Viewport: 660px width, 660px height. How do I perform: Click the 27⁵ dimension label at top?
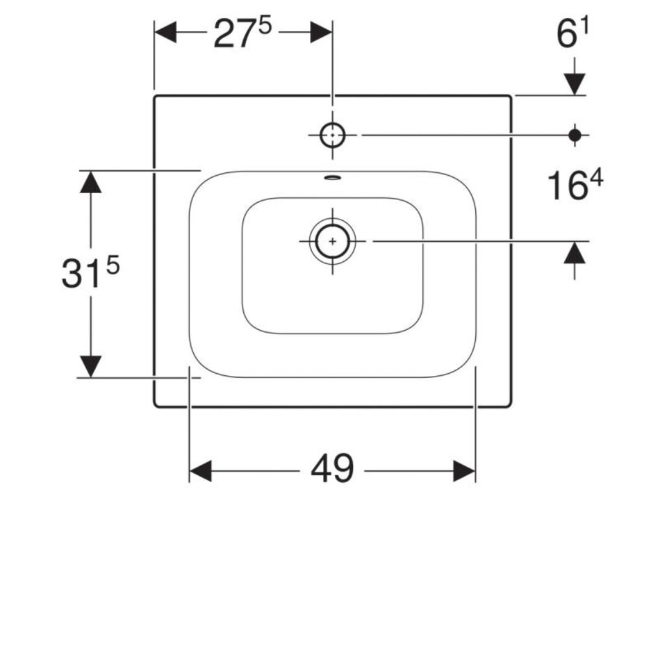coord(243,33)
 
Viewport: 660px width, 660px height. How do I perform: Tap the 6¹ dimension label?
coord(572,33)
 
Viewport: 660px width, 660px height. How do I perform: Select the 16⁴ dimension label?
coord(575,184)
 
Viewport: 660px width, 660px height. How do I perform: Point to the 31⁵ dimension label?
coord(90,273)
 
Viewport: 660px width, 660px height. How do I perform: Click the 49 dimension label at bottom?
coord(332,468)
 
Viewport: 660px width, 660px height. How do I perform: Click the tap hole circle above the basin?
coord(333,135)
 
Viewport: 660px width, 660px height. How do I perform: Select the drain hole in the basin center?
coord(333,241)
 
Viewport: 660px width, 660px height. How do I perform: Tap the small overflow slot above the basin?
coord(333,178)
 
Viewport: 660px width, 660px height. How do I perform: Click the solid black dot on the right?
coord(575,135)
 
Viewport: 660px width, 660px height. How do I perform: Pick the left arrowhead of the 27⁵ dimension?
coord(165,33)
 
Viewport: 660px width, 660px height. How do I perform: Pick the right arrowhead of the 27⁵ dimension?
coord(322,33)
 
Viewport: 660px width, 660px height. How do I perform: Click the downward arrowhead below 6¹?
coord(575,84)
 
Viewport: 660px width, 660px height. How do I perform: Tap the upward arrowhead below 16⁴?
coord(575,253)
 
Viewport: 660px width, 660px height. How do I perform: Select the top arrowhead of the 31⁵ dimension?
coord(90,182)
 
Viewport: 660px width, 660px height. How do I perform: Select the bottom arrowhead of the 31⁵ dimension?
coord(90,367)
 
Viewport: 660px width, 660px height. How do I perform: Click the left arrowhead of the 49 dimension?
coord(200,470)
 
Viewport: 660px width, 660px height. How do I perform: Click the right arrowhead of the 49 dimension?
coord(464,470)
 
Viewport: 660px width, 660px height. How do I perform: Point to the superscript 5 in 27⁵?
coord(265,27)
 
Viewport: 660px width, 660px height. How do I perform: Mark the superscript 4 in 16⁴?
coord(597,177)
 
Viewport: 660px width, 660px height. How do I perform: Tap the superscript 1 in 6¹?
coord(584,27)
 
